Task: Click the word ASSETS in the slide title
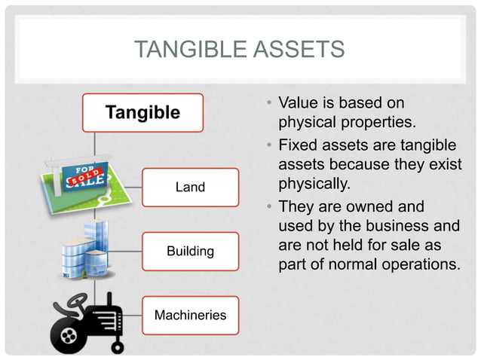click(x=300, y=50)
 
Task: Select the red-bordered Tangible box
click(x=142, y=113)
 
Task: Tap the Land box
click(x=190, y=187)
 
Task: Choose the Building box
click(x=190, y=251)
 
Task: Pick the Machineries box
click(x=190, y=315)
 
